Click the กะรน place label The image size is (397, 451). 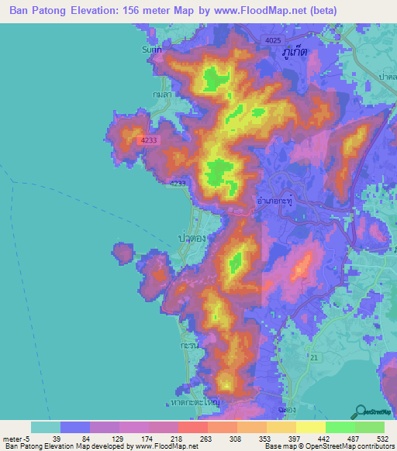point(186,341)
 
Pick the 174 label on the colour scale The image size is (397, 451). point(149,436)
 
